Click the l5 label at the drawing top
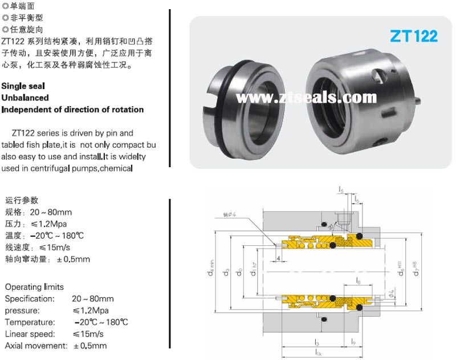click(x=341, y=189)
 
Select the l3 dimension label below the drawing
click(x=317, y=342)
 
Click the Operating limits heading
click(x=34, y=287)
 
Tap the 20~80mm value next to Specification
click(x=93, y=299)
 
